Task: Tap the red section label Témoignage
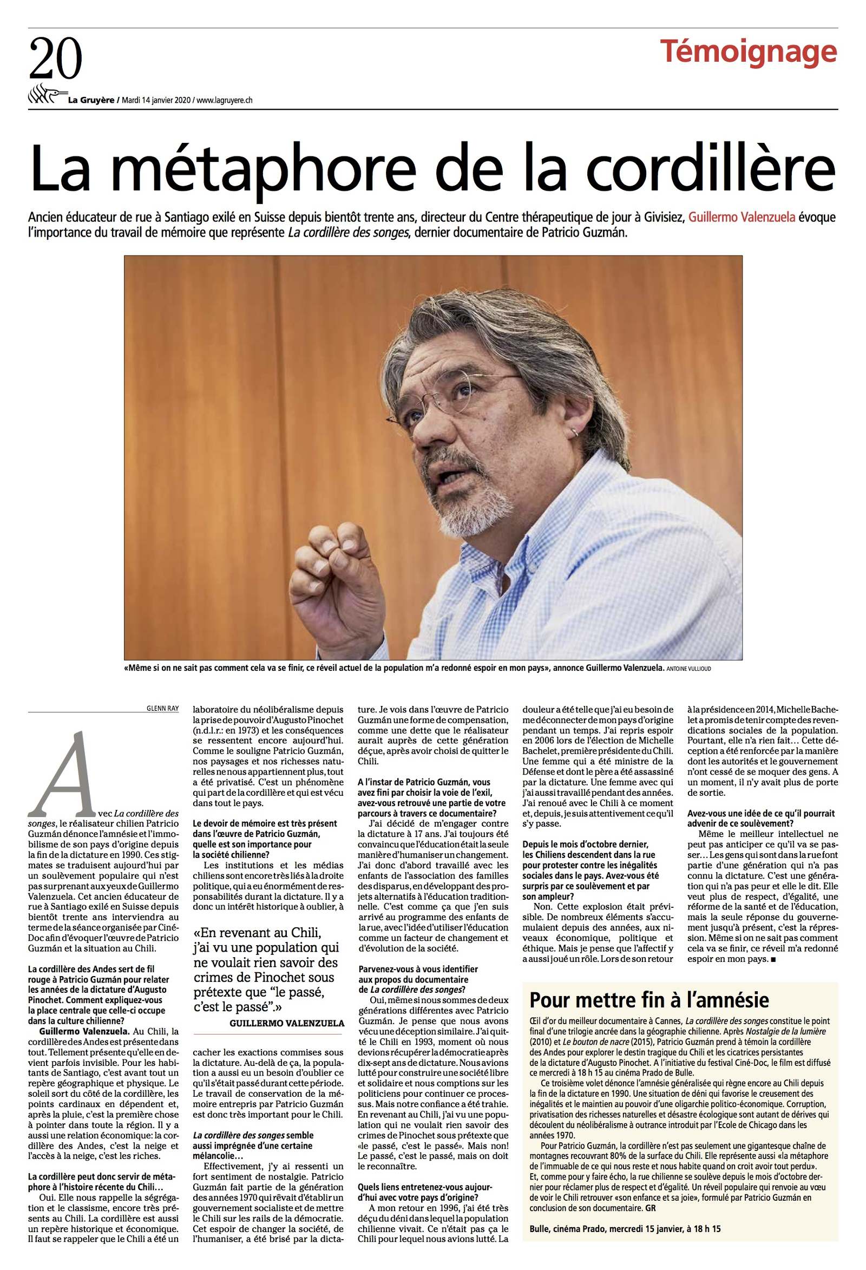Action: (x=748, y=51)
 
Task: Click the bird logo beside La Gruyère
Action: (x=47, y=95)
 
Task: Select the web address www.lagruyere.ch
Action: (x=224, y=100)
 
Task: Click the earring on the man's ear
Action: (x=574, y=432)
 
